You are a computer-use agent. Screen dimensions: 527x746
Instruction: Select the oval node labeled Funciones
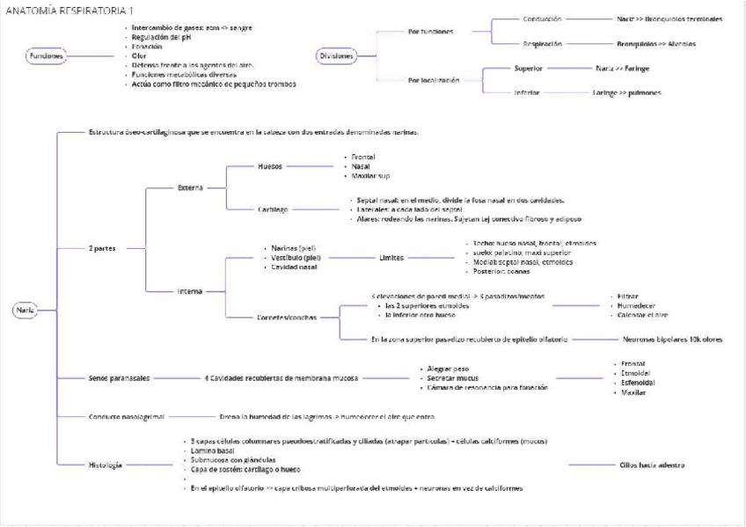[46, 56]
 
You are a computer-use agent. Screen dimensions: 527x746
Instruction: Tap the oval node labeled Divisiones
[335, 56]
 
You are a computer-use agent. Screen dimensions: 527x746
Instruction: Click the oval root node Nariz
[25, 310]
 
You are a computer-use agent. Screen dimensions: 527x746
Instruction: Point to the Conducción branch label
[542, 18]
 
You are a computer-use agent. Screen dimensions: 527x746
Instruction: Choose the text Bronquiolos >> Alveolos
[656, 43]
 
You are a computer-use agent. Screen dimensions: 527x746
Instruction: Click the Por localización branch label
[435, 80]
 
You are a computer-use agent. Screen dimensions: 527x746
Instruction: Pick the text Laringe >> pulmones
[626, 92]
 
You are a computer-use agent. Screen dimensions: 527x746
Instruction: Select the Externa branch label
[191, 187]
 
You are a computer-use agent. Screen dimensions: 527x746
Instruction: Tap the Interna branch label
[189, 290]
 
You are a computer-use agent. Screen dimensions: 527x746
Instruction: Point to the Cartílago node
[274, 209]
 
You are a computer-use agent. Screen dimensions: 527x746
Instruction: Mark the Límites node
[392, 259]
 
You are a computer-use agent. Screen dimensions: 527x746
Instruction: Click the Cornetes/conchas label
[287, 317]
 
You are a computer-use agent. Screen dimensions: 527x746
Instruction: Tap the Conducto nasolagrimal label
[126, 416]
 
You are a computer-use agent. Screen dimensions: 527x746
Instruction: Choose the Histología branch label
[106, 465]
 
